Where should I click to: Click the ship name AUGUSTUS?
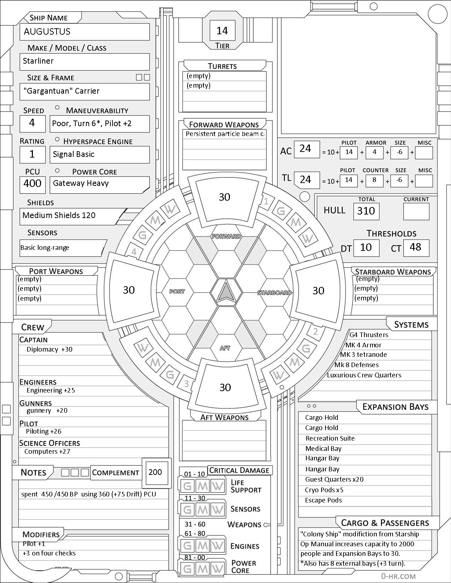(47, 32)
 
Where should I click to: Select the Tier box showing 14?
(222, 31)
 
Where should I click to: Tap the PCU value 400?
(33, 183)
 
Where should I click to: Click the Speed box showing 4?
(32, 123)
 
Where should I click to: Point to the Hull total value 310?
(366, 211)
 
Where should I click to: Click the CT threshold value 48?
(415, 247)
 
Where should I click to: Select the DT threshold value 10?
(366, 247)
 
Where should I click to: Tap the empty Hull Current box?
(416, 212)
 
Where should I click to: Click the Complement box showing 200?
(155, 472)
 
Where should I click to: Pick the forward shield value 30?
(225, 197)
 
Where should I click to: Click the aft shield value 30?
(225, 387)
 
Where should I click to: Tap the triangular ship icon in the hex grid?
(226, 292)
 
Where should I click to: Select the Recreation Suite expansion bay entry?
(330, 438)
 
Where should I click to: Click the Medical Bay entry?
(323, 449)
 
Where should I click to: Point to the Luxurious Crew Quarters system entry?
(364, 375)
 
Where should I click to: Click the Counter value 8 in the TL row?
(375, 180)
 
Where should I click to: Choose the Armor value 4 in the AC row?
(375, 152)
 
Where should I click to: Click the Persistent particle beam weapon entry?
(225, 134)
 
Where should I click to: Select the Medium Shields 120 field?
(59, 216)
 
